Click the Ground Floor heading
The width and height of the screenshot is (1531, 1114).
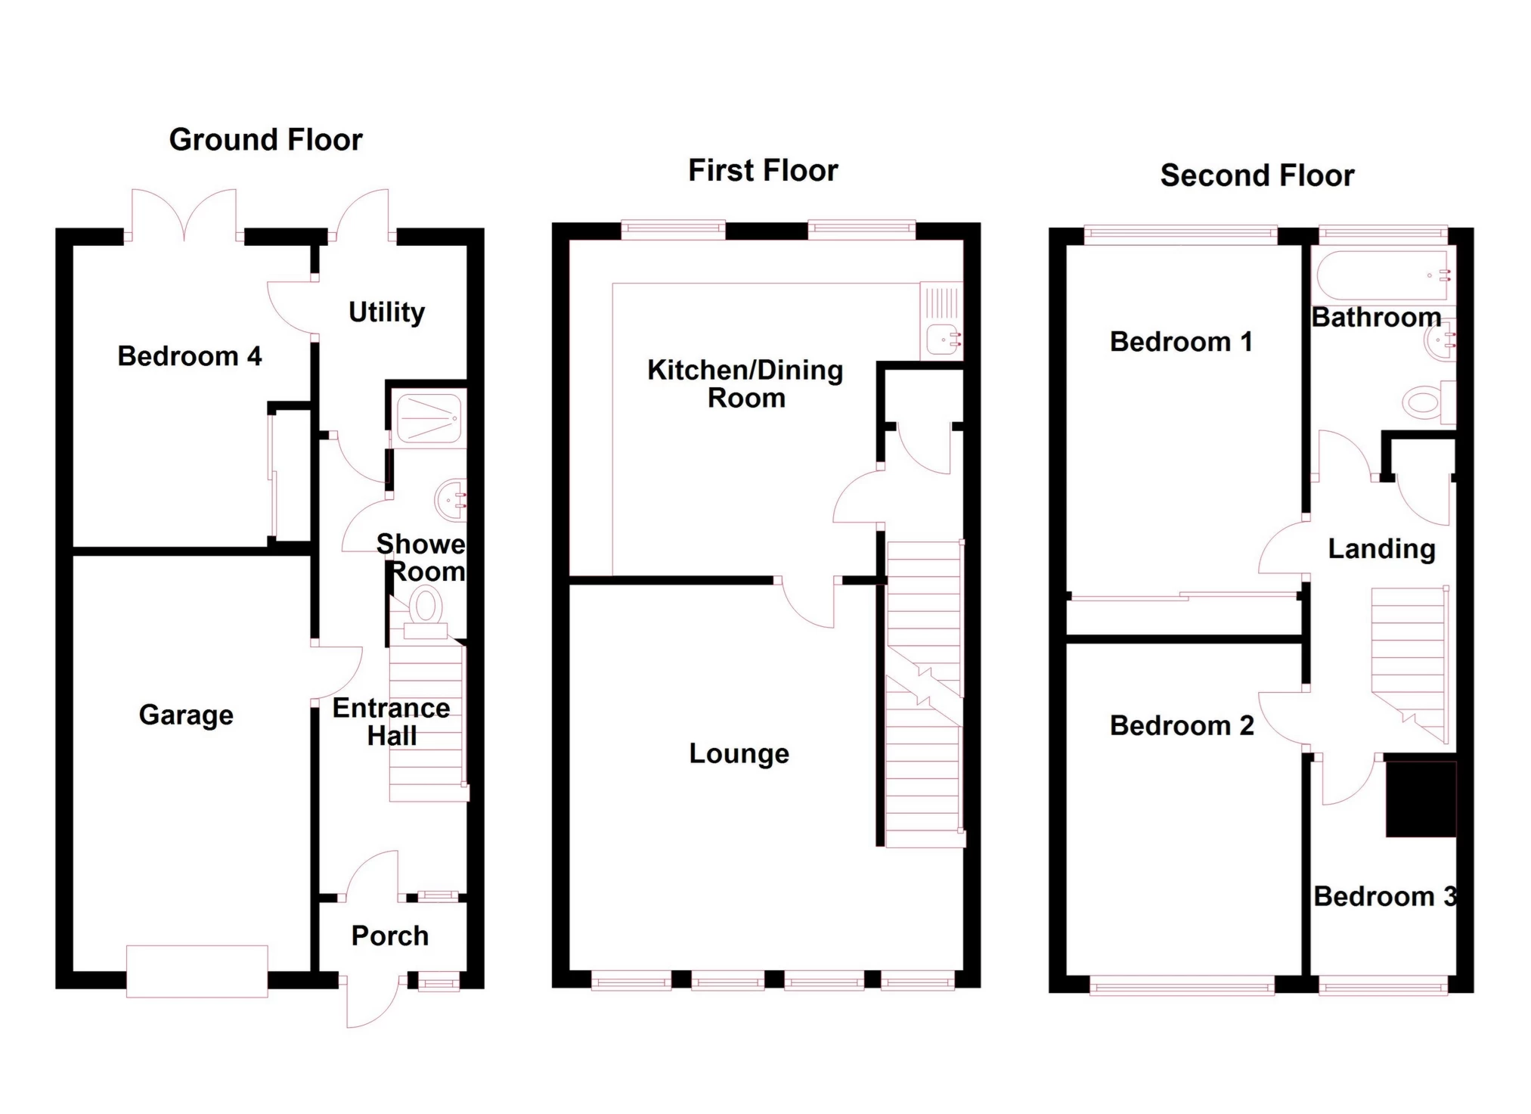265,140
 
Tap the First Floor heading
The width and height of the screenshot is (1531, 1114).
763,171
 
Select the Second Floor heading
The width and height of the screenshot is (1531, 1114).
1257,175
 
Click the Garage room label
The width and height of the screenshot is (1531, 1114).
186,715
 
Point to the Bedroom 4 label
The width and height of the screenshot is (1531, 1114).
190,356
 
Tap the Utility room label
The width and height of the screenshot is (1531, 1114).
386,312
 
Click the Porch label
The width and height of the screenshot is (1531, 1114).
390,936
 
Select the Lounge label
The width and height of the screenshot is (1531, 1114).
739,754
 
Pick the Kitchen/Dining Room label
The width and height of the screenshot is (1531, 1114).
745,384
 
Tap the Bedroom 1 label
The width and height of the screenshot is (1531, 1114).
1181,342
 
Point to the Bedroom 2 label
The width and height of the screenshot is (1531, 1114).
1182,726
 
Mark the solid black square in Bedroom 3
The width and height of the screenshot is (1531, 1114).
1421,799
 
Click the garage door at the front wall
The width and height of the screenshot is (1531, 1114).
197,971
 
